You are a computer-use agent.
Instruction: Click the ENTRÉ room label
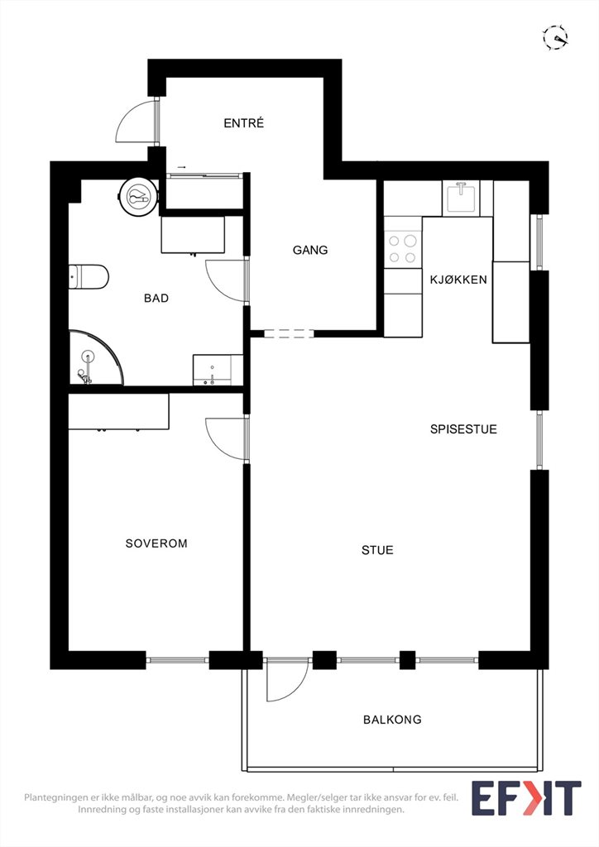coord(243,123)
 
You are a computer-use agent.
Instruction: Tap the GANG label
coord(310,250)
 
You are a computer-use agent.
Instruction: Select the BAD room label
coord(156,298)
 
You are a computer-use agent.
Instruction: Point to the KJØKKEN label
coord(458,280)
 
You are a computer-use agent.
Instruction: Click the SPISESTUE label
coord(463,429)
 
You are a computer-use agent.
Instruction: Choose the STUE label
coord(377,550)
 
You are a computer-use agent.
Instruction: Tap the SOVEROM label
coord(156,543)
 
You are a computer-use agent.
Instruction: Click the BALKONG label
coord(392,720)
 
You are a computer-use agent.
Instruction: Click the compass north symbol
coord(556,38)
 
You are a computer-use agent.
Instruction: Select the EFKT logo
coord(526,798)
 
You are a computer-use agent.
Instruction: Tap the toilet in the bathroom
coord(89,276)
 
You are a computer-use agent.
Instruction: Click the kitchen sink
coord(460,199)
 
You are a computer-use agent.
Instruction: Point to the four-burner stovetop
coord(403,249)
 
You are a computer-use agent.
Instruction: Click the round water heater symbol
coord(139,196)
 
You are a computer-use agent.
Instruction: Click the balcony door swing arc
coord(296,691)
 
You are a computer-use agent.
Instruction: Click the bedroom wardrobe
coord(119,412)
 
